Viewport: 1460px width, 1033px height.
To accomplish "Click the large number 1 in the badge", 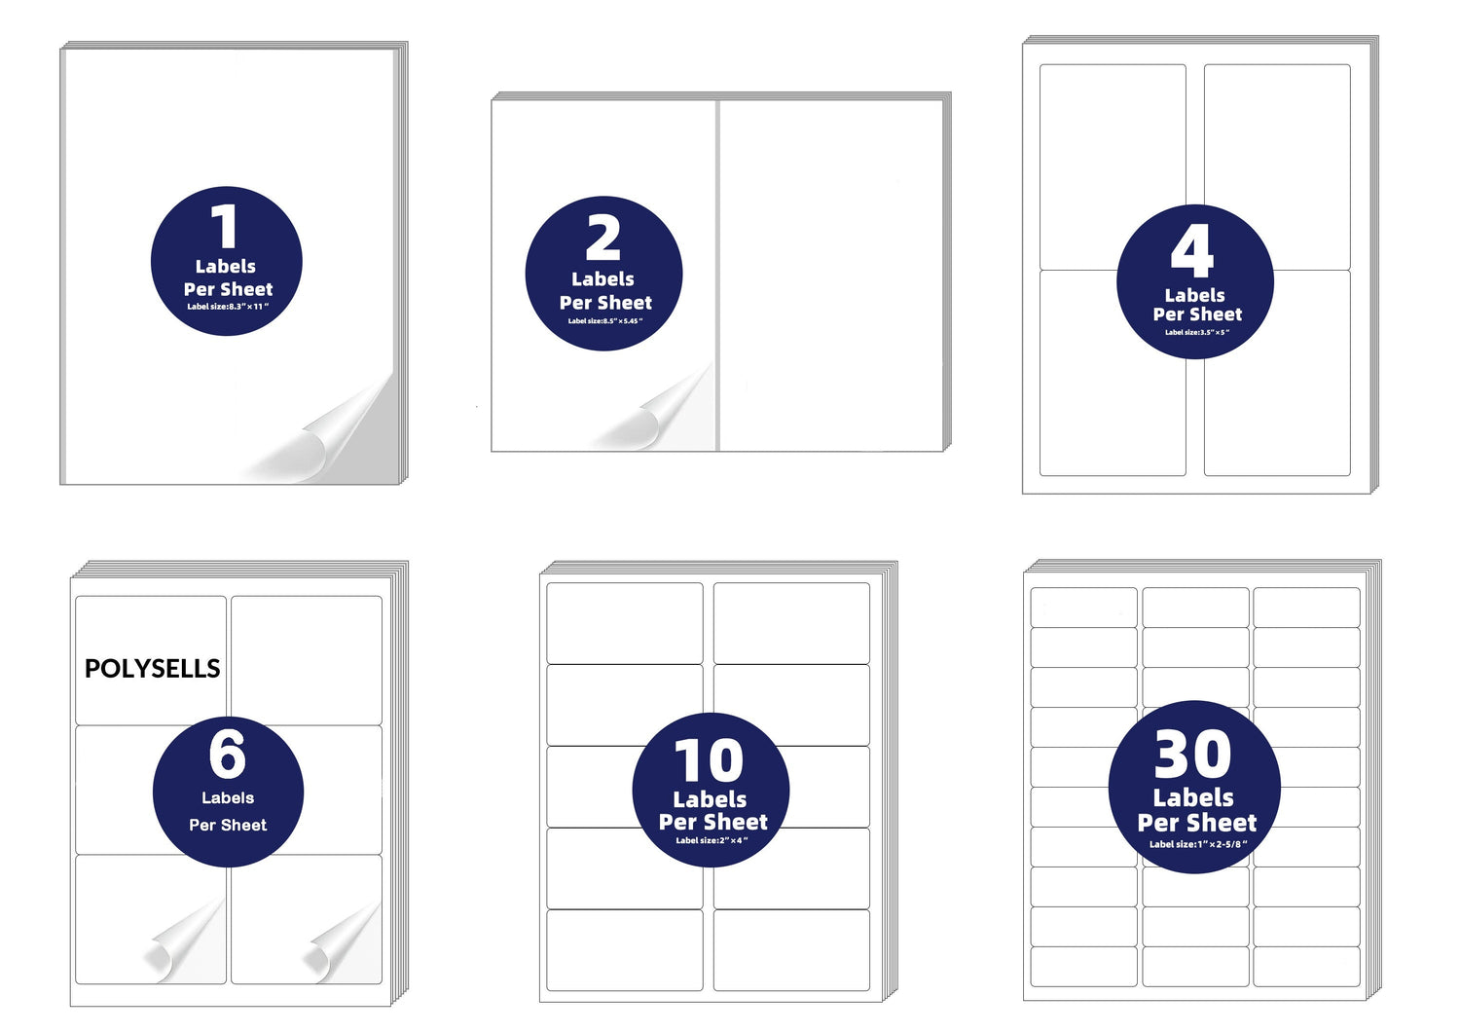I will point(225,228).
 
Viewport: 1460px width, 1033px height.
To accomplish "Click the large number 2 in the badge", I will point(603,239).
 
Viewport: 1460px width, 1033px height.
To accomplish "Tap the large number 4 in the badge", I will point(1192,252).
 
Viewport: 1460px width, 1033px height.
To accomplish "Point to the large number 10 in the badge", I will point(710,761).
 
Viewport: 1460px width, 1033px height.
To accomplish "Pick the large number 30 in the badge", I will point(1192,755).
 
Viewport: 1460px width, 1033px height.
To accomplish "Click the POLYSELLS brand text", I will point(153,669).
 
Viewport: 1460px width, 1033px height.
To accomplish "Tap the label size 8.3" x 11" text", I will point(227,307).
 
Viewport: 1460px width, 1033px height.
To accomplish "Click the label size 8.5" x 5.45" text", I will point(604,320).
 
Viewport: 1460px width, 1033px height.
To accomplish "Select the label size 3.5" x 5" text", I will point(1196,332).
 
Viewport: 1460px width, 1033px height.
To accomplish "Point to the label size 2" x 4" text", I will point(712,840).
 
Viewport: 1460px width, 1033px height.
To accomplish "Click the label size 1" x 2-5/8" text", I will point(1197,844).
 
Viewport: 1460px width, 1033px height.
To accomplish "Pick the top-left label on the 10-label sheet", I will point(624,623).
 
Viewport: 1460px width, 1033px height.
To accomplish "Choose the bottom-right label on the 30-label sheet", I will point(1306,966).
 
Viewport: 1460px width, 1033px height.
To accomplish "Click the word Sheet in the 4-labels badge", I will point(1218,314).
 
